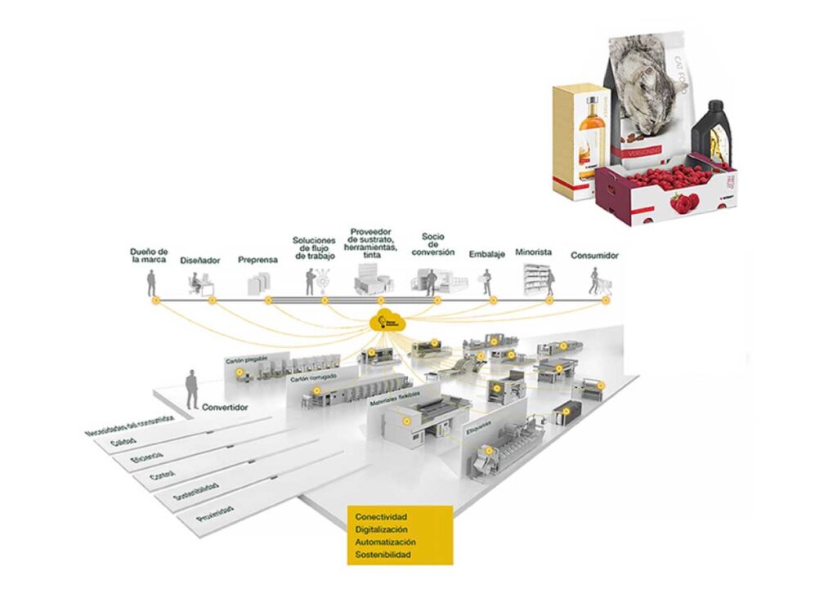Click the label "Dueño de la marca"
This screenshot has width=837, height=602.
point(150,255)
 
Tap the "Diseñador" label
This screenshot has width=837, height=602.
point(200,260)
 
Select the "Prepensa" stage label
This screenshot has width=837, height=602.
point(257,260)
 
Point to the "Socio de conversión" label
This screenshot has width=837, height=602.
point(432,244)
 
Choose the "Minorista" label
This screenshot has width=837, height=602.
point(534,252)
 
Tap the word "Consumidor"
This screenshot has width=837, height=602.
point(594,255)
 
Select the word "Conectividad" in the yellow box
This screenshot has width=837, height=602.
point(381,517)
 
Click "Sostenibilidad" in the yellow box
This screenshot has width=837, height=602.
point(383,555)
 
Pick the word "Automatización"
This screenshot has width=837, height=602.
point(386,542)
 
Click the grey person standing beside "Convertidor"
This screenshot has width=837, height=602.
point(191,388)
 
